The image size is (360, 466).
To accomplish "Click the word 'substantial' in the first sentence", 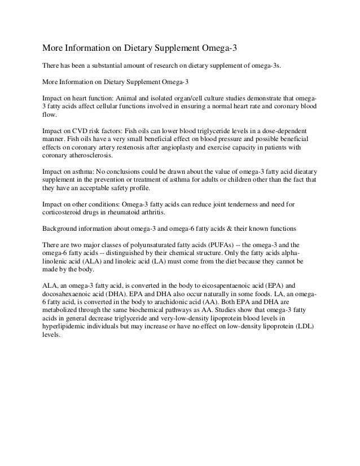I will (106, 67).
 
